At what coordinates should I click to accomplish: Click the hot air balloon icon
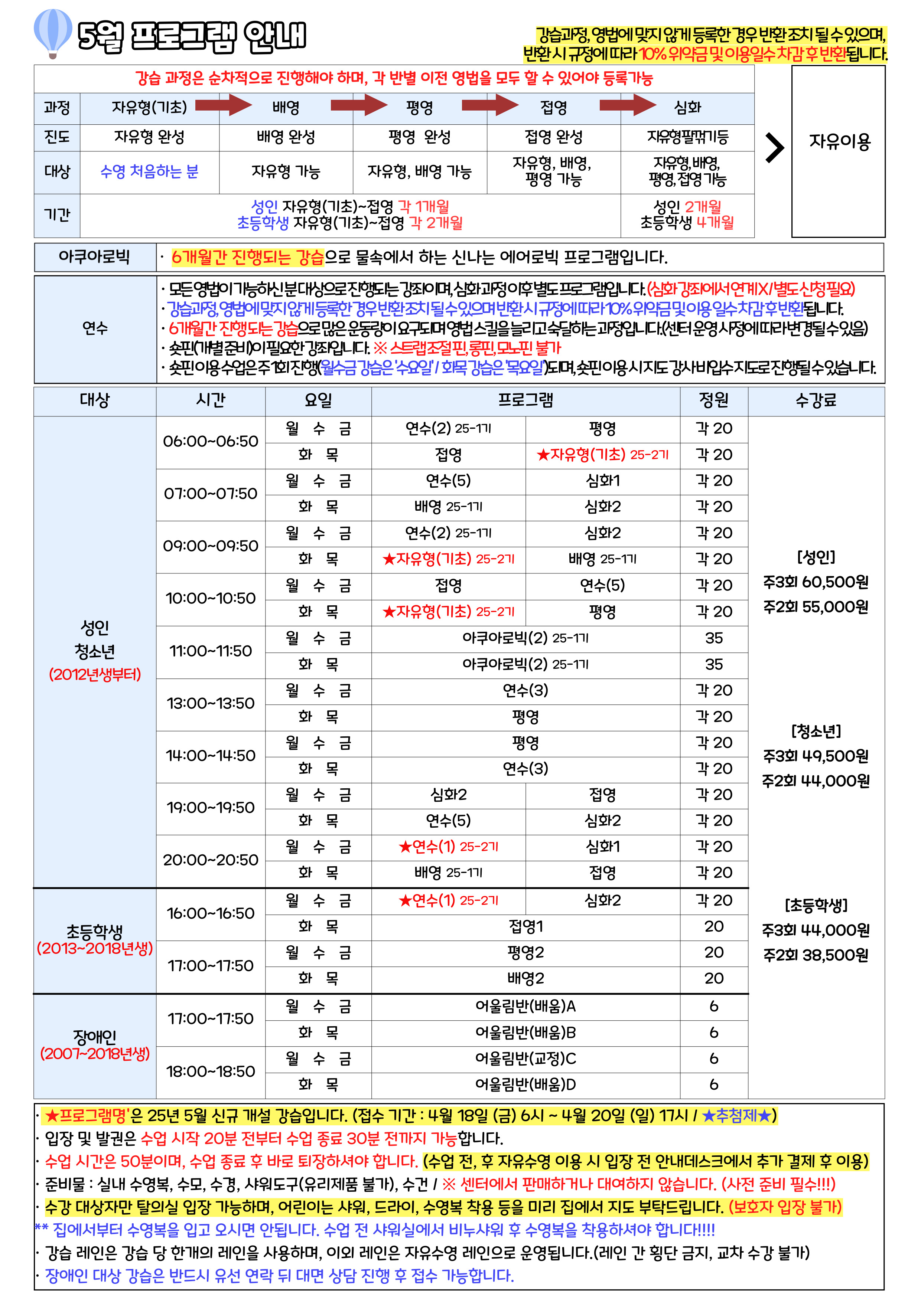[53, 32]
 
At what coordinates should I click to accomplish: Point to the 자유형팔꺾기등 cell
[687, 137]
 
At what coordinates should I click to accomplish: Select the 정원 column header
[713, 400]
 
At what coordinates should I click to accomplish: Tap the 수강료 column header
[816, 400]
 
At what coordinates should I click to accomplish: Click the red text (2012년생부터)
[95, 674]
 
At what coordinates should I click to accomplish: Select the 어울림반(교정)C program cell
[525, 1059]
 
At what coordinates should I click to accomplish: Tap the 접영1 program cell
[525, 927]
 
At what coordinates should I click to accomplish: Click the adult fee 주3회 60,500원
[816, 582]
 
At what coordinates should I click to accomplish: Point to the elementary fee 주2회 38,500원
[816, 955]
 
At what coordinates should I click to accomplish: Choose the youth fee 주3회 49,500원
[816, 756]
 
